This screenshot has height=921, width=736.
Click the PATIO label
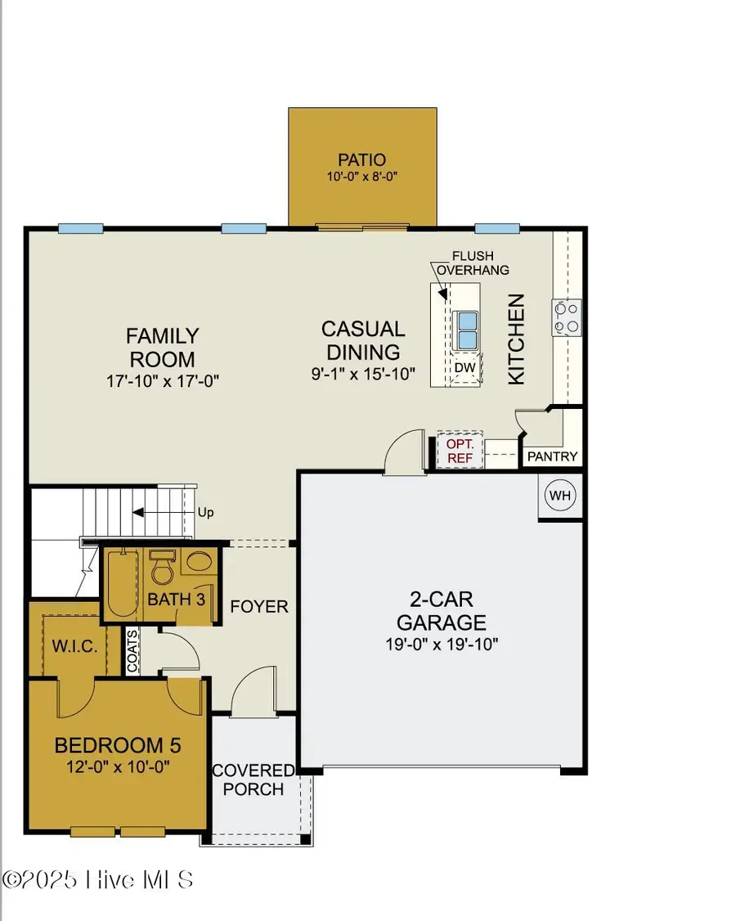coord(361,159)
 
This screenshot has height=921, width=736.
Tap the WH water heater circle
coord(559,496)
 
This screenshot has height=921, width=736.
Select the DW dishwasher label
coord(464,368)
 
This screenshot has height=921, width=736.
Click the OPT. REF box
coord(460,451)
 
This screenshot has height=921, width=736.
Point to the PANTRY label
coord(552,456)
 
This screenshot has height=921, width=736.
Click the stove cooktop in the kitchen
coord(568,317)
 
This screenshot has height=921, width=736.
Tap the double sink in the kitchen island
coord(466,330)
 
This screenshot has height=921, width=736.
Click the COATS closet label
coord(132,651)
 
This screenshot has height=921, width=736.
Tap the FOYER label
coord(259,607)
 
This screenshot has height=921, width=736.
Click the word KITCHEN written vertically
coord(516,339)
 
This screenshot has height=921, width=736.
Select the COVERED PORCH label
coord(253,780)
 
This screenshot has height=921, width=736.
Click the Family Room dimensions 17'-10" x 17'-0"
coord(162,380)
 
